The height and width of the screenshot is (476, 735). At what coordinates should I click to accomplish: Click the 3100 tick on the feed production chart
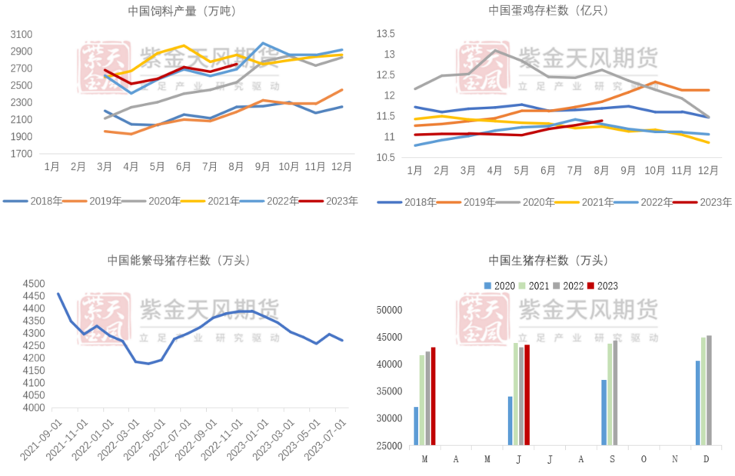click(22, 35)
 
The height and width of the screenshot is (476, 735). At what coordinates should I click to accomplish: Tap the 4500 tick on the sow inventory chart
click(34, 284)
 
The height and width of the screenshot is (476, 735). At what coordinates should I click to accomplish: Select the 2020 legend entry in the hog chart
click(498, 285)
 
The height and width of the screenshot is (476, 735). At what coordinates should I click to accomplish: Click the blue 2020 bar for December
click(697, 403)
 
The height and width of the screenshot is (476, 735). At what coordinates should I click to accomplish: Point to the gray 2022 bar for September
click(616, 393)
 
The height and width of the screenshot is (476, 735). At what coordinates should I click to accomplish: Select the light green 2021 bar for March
click(421, 400)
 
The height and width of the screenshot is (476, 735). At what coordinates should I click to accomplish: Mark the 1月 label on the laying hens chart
click(414, 170)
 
